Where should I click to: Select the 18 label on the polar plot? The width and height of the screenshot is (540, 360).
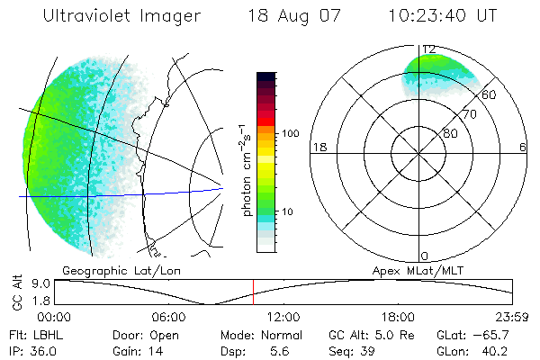318,147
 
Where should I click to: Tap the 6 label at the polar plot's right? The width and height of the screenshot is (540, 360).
523,147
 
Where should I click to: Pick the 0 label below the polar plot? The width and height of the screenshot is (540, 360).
425,256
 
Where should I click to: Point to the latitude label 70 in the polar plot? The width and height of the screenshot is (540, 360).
469,114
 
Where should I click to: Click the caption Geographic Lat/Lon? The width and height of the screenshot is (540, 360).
114,270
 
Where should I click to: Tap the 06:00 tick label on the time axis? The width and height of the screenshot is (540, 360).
168,317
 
